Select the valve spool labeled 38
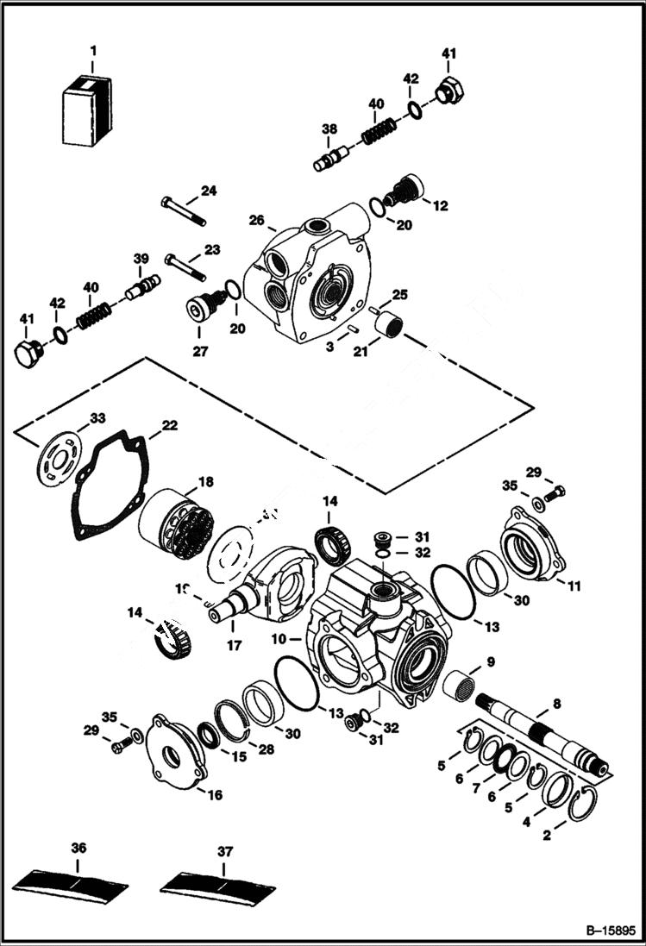click(331, 159)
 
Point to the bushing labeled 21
click(388, 328)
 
